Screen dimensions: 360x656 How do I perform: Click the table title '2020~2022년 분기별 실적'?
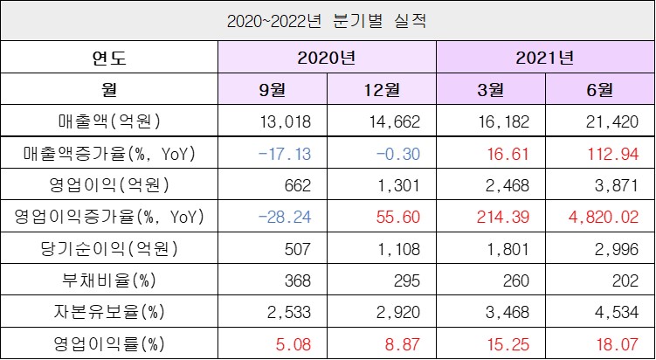click(328, 19)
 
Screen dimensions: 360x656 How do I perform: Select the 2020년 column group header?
click(327, 59)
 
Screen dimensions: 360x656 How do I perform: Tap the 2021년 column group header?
click(545, 59)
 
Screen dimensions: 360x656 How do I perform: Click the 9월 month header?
click(272, 89)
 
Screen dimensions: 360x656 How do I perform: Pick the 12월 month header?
click(381, 89)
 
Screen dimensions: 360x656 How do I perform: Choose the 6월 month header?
click(599, 89)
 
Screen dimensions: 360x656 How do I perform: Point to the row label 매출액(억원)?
click(109, 121)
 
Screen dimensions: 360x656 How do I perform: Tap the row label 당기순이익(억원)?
click(109, 247)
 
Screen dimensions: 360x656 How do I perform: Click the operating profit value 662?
click(297, 184)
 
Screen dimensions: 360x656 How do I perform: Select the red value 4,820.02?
click(605, 216)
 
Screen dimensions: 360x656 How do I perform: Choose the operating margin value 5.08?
click(293, 343)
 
